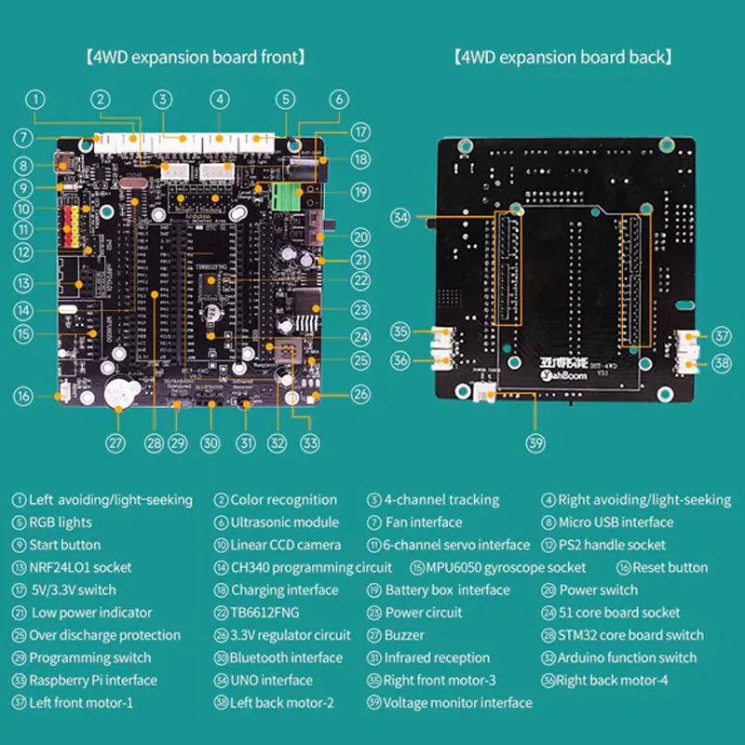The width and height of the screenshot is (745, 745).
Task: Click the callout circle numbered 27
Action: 115,442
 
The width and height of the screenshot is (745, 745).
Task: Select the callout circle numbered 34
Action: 400,218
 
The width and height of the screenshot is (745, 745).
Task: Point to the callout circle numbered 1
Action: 34,99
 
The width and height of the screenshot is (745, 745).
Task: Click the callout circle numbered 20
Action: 361,237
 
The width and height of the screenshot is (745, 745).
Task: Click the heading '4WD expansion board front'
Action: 194,57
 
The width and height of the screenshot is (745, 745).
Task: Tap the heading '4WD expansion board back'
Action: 562,57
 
